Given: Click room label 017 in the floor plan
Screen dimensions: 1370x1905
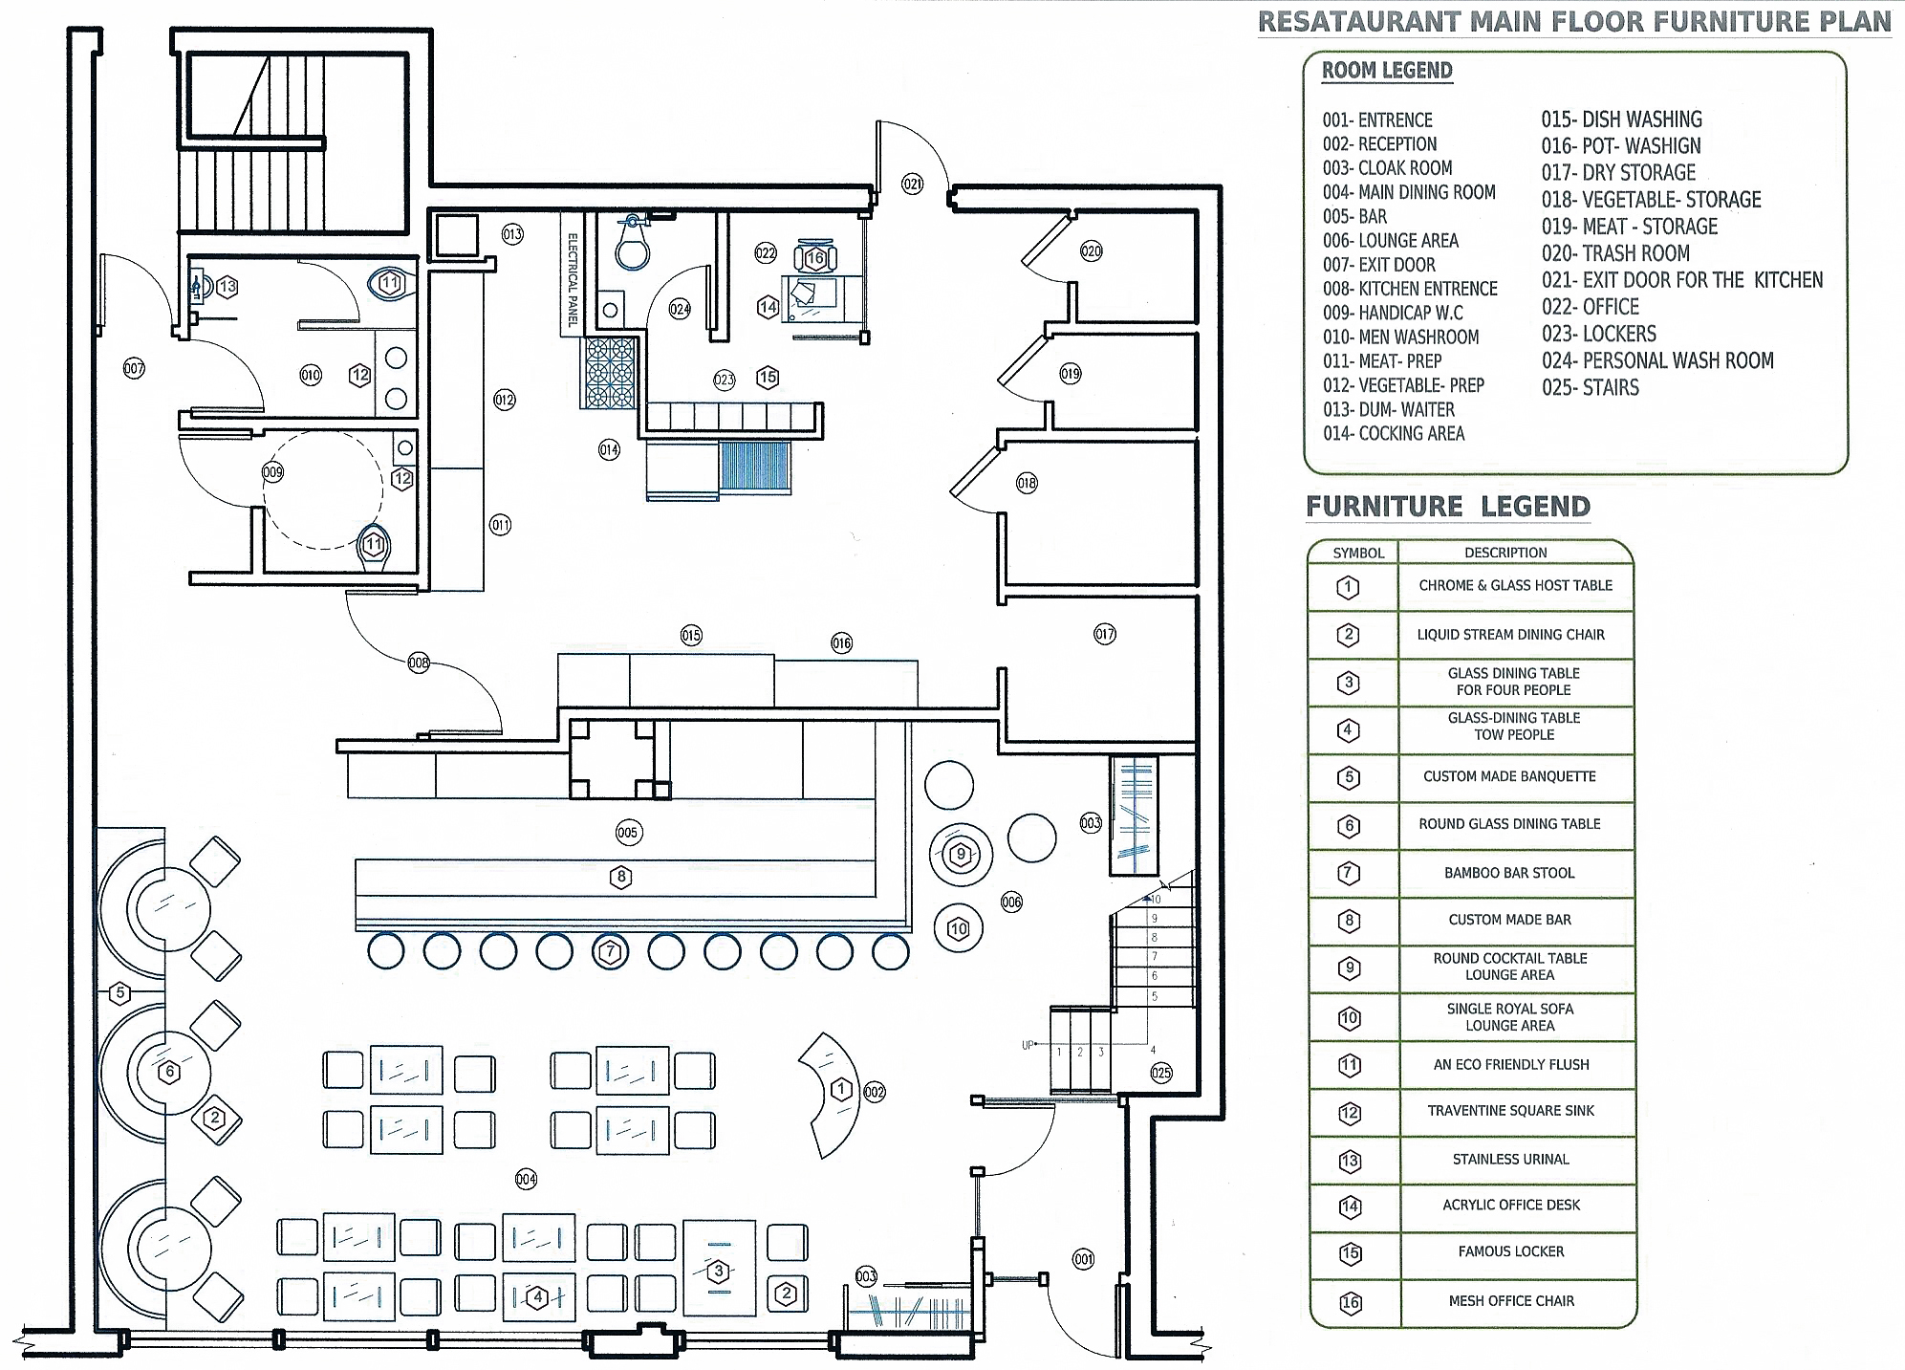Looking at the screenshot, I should point(1105,634).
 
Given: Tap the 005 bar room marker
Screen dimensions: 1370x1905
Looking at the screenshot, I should point(627,833).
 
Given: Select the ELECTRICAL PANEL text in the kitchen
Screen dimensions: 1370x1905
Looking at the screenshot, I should point(573,280).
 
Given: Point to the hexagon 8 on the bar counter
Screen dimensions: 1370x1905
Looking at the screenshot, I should point(621,877).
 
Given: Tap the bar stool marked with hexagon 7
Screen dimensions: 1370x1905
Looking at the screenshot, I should point(611,952).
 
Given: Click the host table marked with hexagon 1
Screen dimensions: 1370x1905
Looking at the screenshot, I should point(841,1090).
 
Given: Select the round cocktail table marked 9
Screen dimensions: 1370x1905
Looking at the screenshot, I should point(962,855).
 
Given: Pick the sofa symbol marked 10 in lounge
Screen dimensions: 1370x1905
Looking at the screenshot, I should point(959,928).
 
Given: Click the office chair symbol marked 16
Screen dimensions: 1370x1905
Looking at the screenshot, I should point(815,258).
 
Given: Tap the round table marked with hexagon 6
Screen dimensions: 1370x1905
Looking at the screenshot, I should point(170,1072).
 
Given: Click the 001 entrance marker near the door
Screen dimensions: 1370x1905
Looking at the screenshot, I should point(1083,1259).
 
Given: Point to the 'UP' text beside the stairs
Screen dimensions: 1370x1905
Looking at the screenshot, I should point(1028,1046).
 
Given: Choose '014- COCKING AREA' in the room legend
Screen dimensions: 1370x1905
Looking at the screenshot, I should point(1393,434).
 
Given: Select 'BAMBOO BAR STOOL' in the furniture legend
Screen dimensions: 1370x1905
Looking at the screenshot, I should point(1509,873).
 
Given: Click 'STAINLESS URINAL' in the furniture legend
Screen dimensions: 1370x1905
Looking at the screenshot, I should point(1510,1160).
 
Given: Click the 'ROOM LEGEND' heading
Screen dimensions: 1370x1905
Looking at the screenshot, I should point(1387,71).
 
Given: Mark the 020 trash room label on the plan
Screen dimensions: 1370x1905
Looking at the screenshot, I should point(1091,251).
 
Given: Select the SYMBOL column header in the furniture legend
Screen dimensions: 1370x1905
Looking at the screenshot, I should point(1358,554).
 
